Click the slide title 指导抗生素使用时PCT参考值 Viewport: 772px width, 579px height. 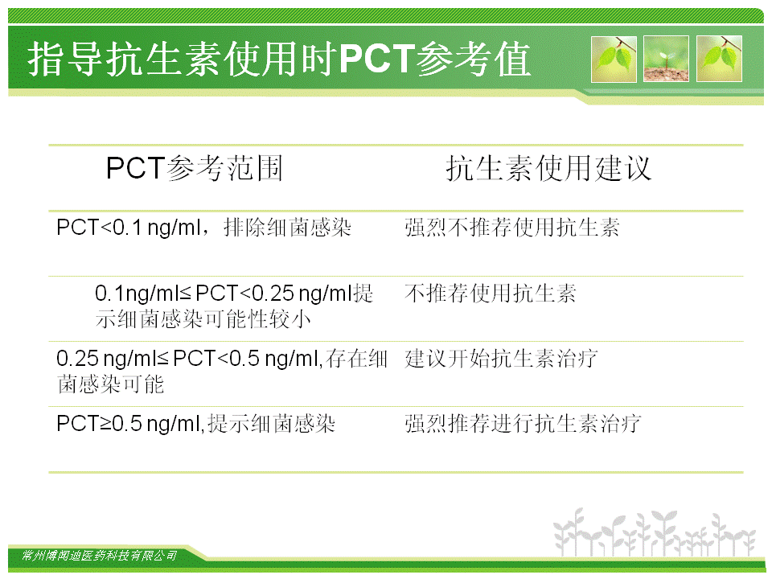click(x=279, y=59)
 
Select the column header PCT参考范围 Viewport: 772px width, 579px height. click(x=195, y=168)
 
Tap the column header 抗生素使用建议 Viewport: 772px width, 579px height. click(x=548, y=168)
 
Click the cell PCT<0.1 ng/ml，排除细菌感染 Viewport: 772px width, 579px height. click(x=203, y=228)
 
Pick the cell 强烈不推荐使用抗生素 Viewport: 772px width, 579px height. click(x=512, y=228)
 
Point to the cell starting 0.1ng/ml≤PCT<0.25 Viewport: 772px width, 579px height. click(x=234, y=306)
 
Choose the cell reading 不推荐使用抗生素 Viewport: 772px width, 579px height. click(x=491, y=294)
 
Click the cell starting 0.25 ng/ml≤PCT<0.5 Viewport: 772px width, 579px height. click(x=222, y=372)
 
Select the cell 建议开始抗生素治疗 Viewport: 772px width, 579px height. click(x=501, y=359)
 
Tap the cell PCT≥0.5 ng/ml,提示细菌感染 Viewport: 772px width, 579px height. click(x=196, y=424)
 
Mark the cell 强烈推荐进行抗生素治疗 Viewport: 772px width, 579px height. click(x=523, y=424)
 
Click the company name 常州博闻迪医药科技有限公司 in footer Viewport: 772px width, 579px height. click(x=100, y=556)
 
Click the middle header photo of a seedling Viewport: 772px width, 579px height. click(x=666, y=59)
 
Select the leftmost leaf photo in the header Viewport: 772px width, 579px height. click(x=614, y=59)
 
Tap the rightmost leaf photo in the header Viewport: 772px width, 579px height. click(x=719, y=59)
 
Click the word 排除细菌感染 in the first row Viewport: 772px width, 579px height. click(x=288, y=228)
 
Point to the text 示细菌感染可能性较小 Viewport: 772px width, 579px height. click(x=203, y=319)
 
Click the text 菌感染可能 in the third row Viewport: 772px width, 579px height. click(x=110, y=384)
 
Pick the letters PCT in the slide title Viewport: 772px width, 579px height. click(x=376, y=59)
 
